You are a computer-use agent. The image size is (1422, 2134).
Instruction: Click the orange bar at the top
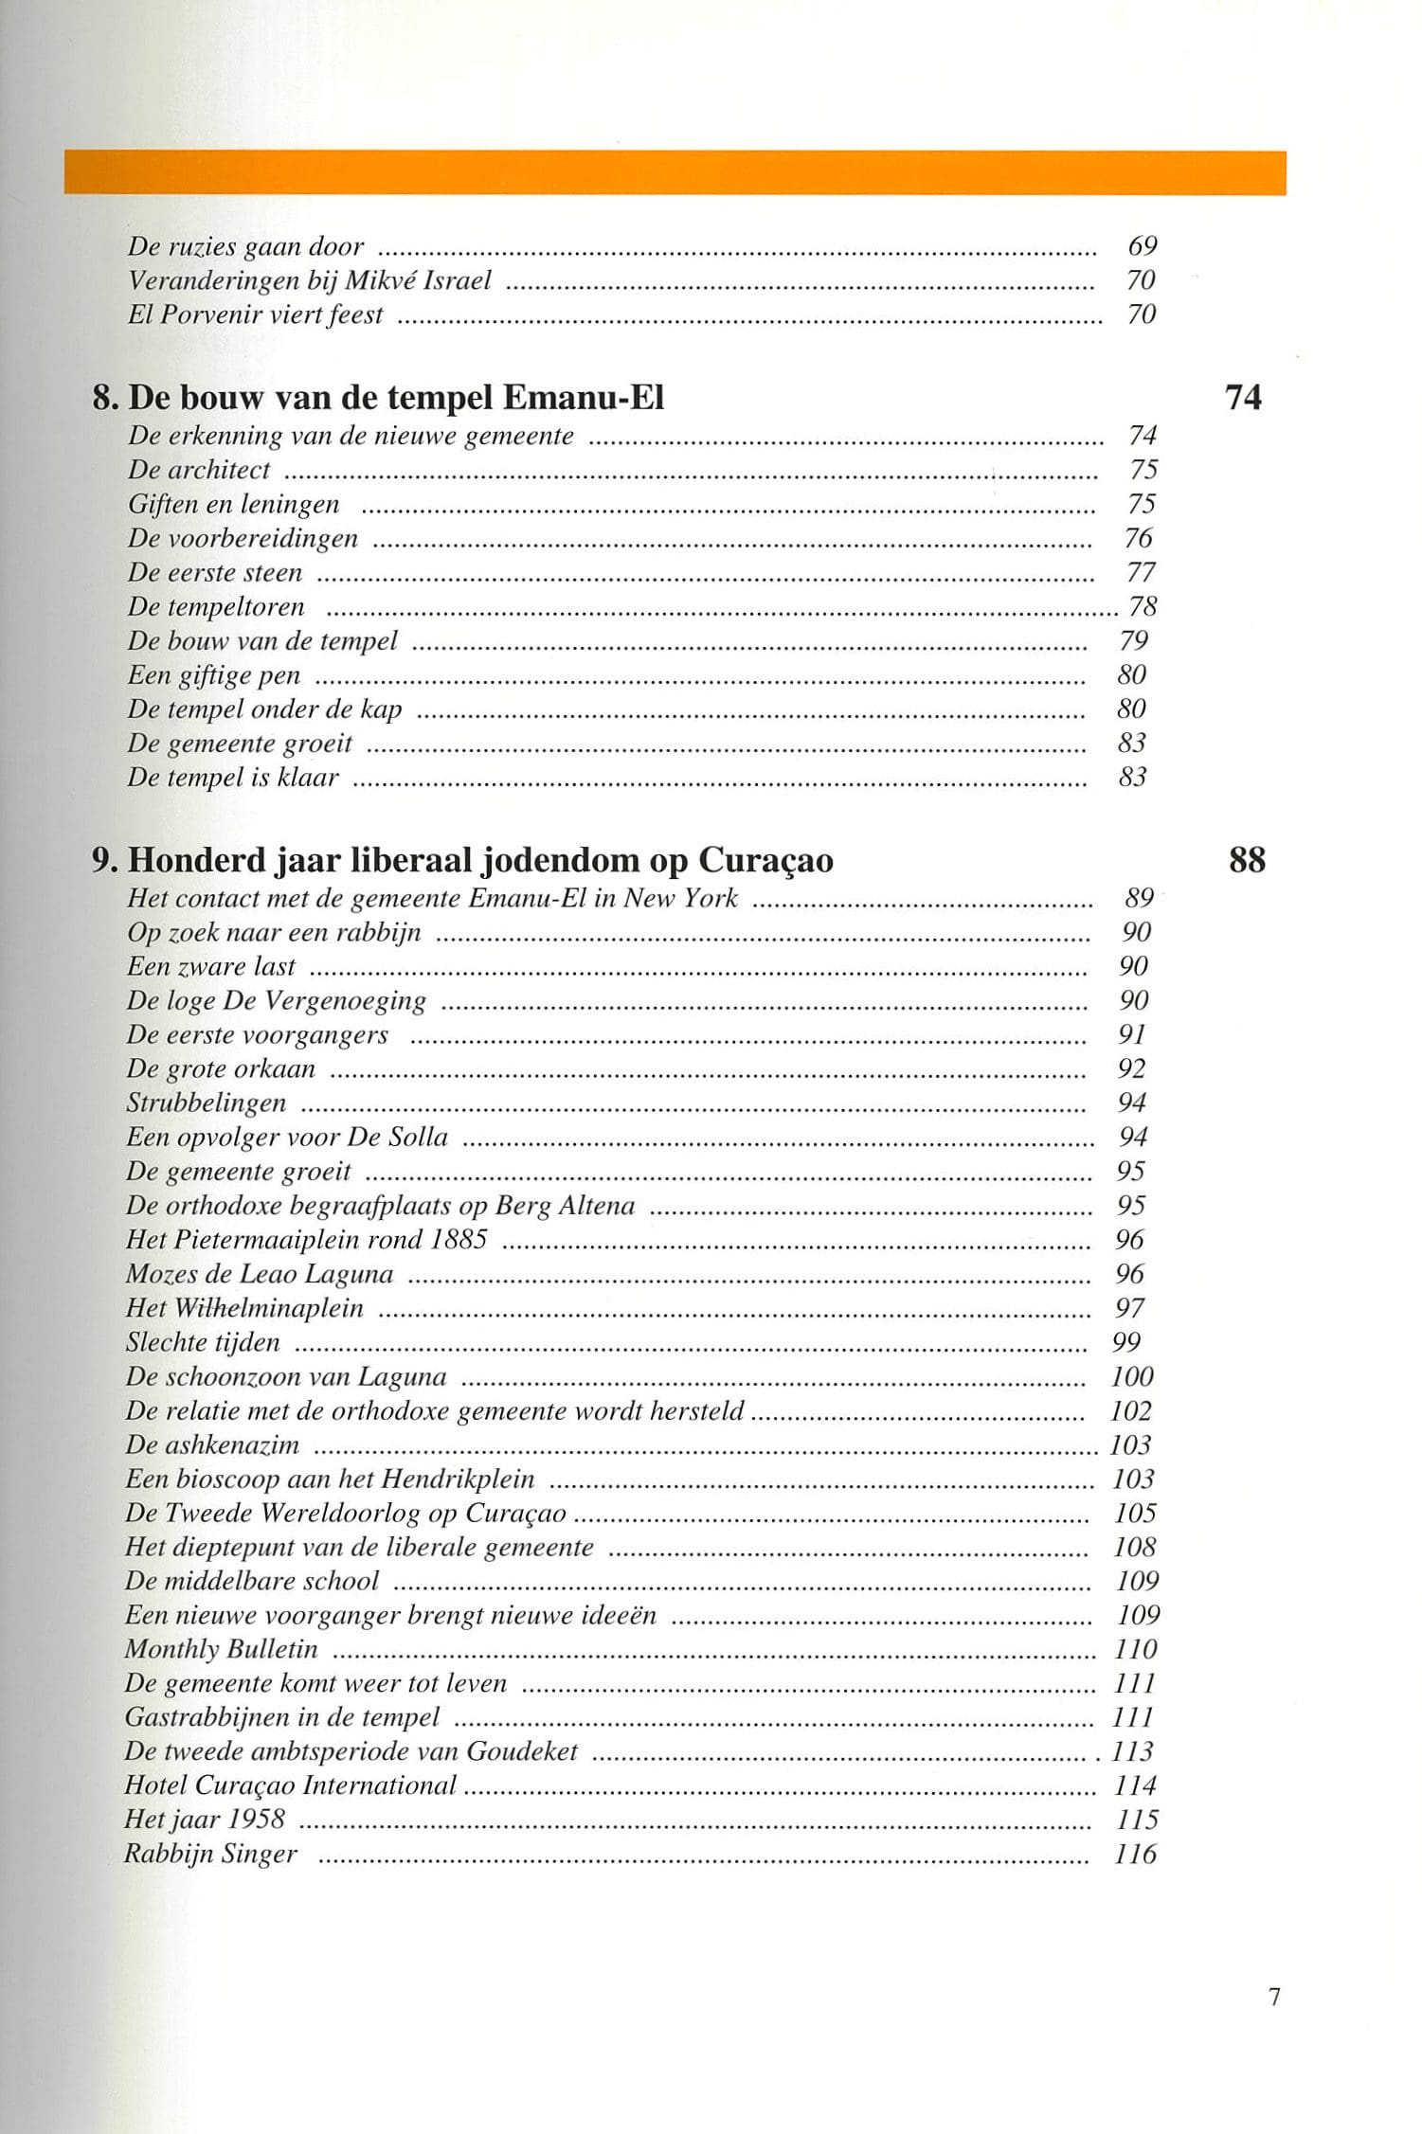click(x=675, y=172)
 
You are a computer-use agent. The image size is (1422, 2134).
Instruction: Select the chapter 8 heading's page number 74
click(x=1243, y=397)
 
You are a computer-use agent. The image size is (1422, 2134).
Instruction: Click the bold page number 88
click(x=1247, y=860)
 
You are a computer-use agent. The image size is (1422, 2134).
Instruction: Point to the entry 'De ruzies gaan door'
click(x=245, y=247)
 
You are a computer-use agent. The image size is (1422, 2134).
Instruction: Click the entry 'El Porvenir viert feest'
click(x=255, y=314)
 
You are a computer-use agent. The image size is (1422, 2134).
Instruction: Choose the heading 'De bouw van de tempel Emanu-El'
click(x=395, y=398)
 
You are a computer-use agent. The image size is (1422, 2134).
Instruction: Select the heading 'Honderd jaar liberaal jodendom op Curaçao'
click(x=480, y=860)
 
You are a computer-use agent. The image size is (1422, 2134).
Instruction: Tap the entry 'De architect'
click(x=199, y=470)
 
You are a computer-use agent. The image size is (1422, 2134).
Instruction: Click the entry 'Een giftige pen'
click(x=214, y=675)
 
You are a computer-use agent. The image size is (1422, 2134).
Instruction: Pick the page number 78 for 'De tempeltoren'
click(x=1143, y=606)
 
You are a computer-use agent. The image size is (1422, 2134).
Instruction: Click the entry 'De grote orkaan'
click(x=221, y=1069)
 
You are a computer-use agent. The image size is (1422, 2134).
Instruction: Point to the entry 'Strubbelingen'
click(x=206, y=1103)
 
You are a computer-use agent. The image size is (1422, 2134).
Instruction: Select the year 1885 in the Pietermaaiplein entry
click(x=459, y=1240)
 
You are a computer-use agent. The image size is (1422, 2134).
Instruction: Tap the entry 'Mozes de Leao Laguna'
click(x=260, y=1274)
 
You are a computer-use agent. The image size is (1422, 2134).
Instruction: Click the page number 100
click(x=1132, y=1376)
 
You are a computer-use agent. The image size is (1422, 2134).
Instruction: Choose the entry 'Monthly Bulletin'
click(x=221, y=1649)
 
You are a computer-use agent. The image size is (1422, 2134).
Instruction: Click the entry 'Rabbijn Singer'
click(x=210, y=1854)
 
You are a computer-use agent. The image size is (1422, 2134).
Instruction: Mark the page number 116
click(x=1135, y=1854)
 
